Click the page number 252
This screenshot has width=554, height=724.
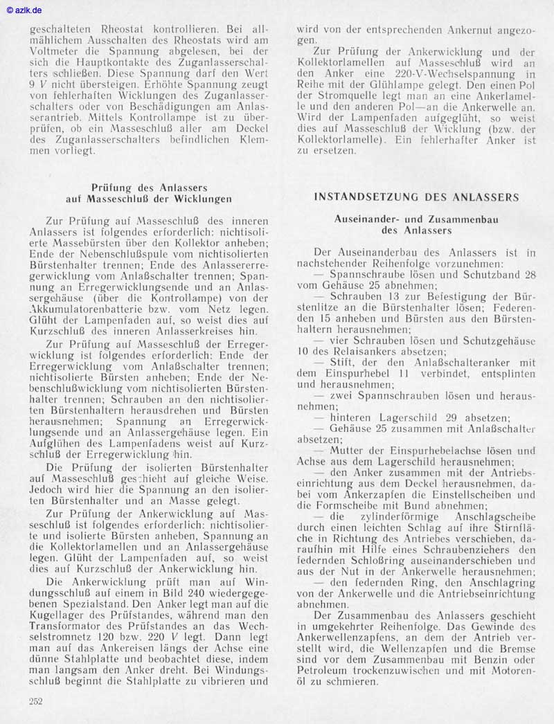click(37, 701)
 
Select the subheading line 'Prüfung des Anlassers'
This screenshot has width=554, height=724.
click(149, 188)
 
